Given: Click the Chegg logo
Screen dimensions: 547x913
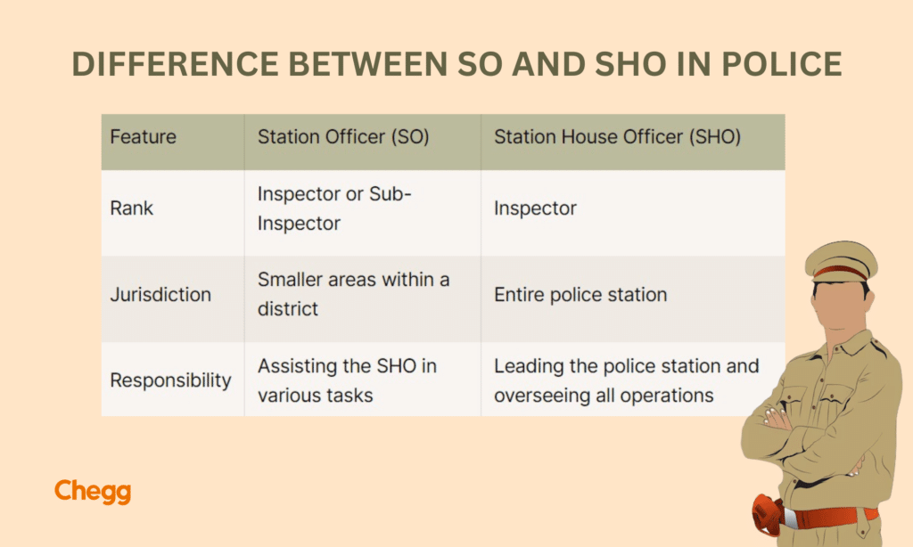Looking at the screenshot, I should click(x=92, y=492).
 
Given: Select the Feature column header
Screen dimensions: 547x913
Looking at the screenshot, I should click(x=143, y=137).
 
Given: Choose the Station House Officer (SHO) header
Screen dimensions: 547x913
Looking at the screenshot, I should click(x=617, y=137).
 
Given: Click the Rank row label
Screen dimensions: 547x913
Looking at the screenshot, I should click(x=132, y=208).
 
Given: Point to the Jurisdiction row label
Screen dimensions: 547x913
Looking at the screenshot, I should click(x=160, y=294).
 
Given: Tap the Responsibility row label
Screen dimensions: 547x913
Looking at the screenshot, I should click(x=170, y=380).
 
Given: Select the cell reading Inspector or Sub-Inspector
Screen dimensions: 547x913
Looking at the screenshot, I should click(x=334, y=208).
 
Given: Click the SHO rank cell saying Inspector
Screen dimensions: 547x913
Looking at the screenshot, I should click(x=535, y=208).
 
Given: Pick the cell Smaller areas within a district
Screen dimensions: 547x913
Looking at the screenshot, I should click(x=353, y=294).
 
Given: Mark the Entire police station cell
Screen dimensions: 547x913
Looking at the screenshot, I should click(x=580, y=294).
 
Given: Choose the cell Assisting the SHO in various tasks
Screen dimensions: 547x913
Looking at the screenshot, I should click(x=347, y=380).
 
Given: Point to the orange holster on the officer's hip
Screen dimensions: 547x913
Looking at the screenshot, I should click(x=767, y=514).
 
